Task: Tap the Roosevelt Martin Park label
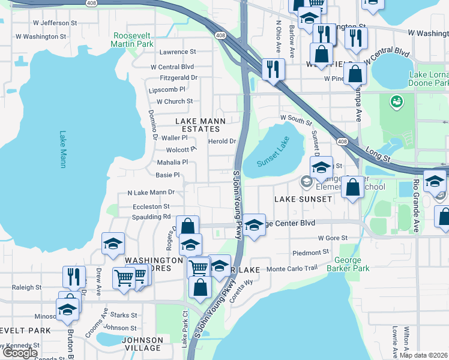tap(133, 40)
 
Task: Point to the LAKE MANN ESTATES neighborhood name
tap(200, 121)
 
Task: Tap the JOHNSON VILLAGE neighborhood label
tap(142, 344)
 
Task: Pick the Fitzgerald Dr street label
tap(178, 78)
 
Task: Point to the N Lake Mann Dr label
tap(151, 193)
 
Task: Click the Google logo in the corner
tap(20, 353)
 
